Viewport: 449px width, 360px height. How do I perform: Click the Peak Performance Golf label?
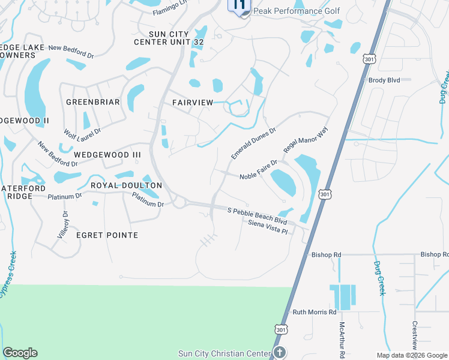click(297, 11)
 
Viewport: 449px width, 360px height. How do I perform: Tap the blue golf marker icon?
click(239, 6)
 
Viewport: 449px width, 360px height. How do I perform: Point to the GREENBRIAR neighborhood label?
click(92, 102)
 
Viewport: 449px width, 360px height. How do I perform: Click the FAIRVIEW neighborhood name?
click(193, 103)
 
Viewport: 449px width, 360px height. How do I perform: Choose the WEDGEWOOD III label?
click(107, 155)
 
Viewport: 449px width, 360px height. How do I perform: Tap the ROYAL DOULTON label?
click(126, 186)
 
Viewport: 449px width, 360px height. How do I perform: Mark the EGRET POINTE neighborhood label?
click(107, 235)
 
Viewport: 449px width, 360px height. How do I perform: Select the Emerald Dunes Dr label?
click(253, 143)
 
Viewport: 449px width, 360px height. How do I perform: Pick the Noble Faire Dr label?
click(259, 169)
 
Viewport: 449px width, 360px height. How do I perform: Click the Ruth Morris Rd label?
click(315, 312)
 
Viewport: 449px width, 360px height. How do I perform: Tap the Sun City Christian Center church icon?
click(279, 352)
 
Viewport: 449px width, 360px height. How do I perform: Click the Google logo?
click(20, 353)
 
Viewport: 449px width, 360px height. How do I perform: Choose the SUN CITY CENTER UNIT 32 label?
click(169, 37)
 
